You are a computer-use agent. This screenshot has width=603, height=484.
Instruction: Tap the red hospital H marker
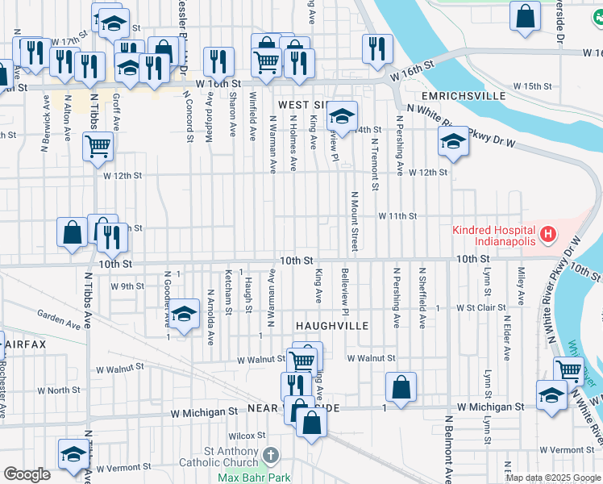(549, 236)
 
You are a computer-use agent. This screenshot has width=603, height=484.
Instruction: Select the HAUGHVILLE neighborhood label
(331, 325)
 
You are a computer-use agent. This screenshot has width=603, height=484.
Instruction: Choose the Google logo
(27, 474)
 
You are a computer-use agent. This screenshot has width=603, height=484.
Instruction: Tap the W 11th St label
(398, 215)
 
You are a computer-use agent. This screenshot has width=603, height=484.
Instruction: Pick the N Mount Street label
(353, 221)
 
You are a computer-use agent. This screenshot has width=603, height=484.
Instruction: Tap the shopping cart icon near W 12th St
(98, 146)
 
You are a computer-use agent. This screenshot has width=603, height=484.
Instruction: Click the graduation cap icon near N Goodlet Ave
(184, 313)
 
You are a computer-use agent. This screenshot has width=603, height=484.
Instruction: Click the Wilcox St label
(252, 436)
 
